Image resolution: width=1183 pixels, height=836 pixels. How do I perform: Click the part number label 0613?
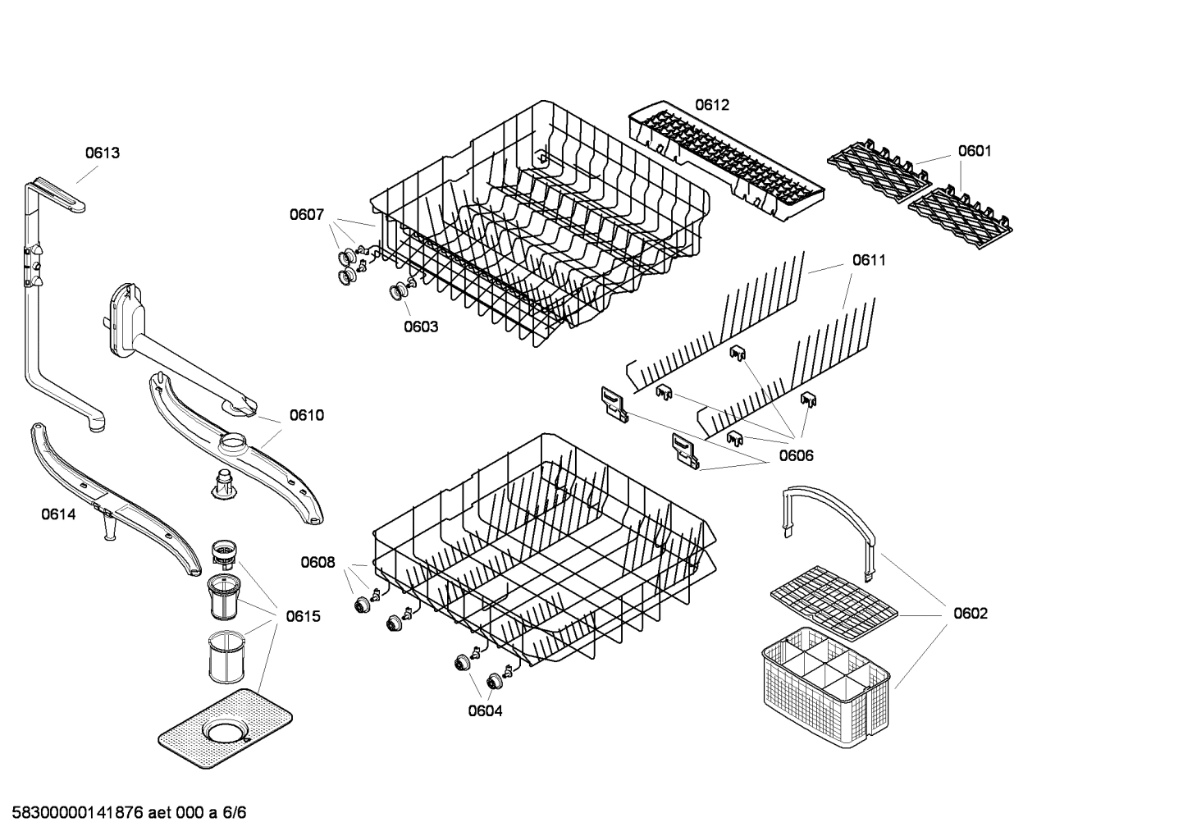pyautogui.click(x=103, y=153)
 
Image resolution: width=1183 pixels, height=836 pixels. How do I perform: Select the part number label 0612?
pyautogui.click(x=711, y=105)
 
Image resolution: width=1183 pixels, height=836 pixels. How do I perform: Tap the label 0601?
pyautogui.click(x=975, y=151)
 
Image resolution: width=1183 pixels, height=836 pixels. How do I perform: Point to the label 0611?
pyautogui.click(x=869, y=260)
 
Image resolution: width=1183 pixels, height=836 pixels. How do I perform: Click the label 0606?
pyautogui.click(x=796, y=455)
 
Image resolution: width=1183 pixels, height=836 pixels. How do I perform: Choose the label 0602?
pyautogui.click(x=970, y=613)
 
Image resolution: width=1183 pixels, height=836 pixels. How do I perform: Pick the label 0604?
pyautogui.click(x=485, y=710)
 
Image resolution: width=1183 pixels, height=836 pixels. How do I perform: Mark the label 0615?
pyautogui.click(x=303, y=616)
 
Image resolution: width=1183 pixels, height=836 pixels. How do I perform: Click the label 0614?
pyautogui.click(x=58, y=514)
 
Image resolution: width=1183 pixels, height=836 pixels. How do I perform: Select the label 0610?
pyautogui.click(x=306, y=415)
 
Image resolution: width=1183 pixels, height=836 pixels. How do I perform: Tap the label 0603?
pyautogui.click(x=420, y=327)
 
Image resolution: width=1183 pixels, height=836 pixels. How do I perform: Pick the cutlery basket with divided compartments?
pyautogui.click(x=825, y=689)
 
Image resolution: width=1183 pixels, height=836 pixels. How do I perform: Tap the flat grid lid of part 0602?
pyautogui.click(x=834, y=604)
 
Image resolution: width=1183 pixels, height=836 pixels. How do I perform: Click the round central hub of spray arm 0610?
pyautogui.click(x=240, y=445)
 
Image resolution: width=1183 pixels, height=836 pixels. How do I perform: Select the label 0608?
pyautogui.click(x=317, y=562)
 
